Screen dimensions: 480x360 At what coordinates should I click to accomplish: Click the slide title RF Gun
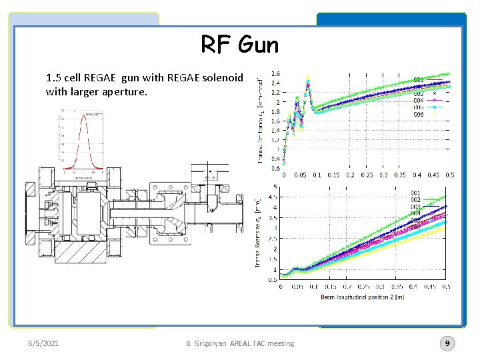tap(240, 45)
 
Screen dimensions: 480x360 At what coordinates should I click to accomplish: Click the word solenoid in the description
tap(223, 77)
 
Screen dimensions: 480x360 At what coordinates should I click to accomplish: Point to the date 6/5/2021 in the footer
tap(43, 343)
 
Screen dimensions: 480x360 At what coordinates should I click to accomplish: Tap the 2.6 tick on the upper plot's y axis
tap(275, 73)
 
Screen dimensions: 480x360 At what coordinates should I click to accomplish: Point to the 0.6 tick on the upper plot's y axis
tap(275, 168)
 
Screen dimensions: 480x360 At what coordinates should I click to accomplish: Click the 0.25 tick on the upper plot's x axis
tap(367, 175)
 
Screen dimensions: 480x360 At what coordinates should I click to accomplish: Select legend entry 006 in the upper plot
tap(418, 115)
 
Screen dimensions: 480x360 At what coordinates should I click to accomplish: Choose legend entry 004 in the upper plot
tap(418, 101)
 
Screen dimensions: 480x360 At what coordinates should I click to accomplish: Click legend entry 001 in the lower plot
tap(416, 193)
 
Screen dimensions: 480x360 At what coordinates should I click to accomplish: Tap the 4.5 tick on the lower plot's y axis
tap(273, 197)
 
